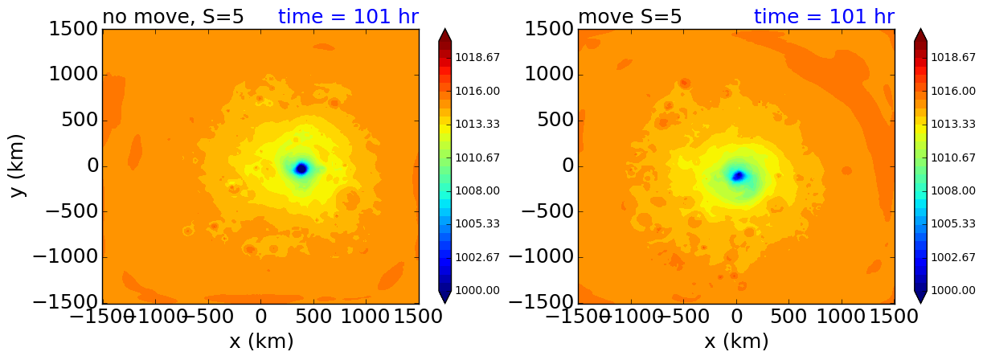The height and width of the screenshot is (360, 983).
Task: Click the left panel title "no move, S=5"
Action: pos(173,17)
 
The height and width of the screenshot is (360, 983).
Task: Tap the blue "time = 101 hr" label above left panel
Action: pos(348,17)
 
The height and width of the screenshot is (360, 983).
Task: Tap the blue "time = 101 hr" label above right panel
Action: pos(824,17)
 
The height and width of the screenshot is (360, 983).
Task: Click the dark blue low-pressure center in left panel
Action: pos(301,169)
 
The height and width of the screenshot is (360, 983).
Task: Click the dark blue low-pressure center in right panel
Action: pos(738,176)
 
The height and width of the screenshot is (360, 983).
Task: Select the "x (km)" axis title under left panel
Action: pos(261,342)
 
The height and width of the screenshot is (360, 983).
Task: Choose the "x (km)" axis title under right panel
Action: pos(736,342)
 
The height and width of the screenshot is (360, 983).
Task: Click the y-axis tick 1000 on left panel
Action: pos(75,75)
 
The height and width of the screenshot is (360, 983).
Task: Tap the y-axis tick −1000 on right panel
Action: pos(543,257)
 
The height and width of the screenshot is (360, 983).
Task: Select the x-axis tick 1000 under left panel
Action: pos(366,317)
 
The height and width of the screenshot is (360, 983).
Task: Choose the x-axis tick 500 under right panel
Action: pos(789,317)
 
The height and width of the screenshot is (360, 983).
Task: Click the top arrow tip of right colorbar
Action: pos(921,31)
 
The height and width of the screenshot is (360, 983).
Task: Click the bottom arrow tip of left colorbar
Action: pos(445,302)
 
